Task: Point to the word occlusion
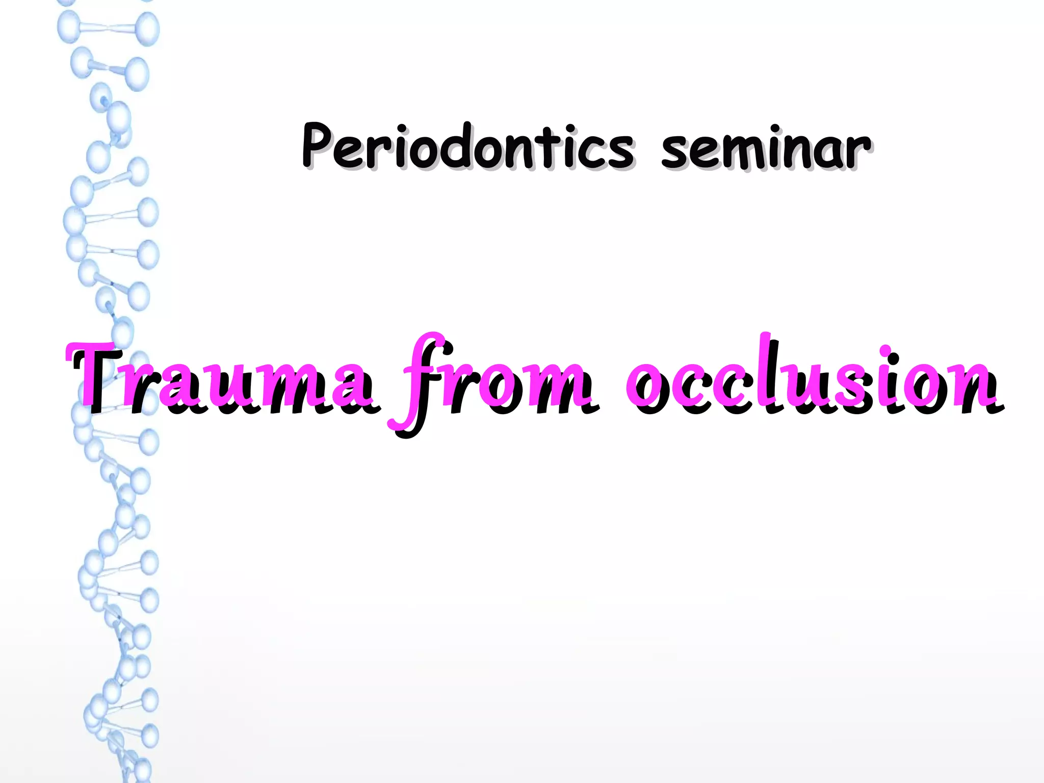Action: pyautogui.click(x=811, y=377)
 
